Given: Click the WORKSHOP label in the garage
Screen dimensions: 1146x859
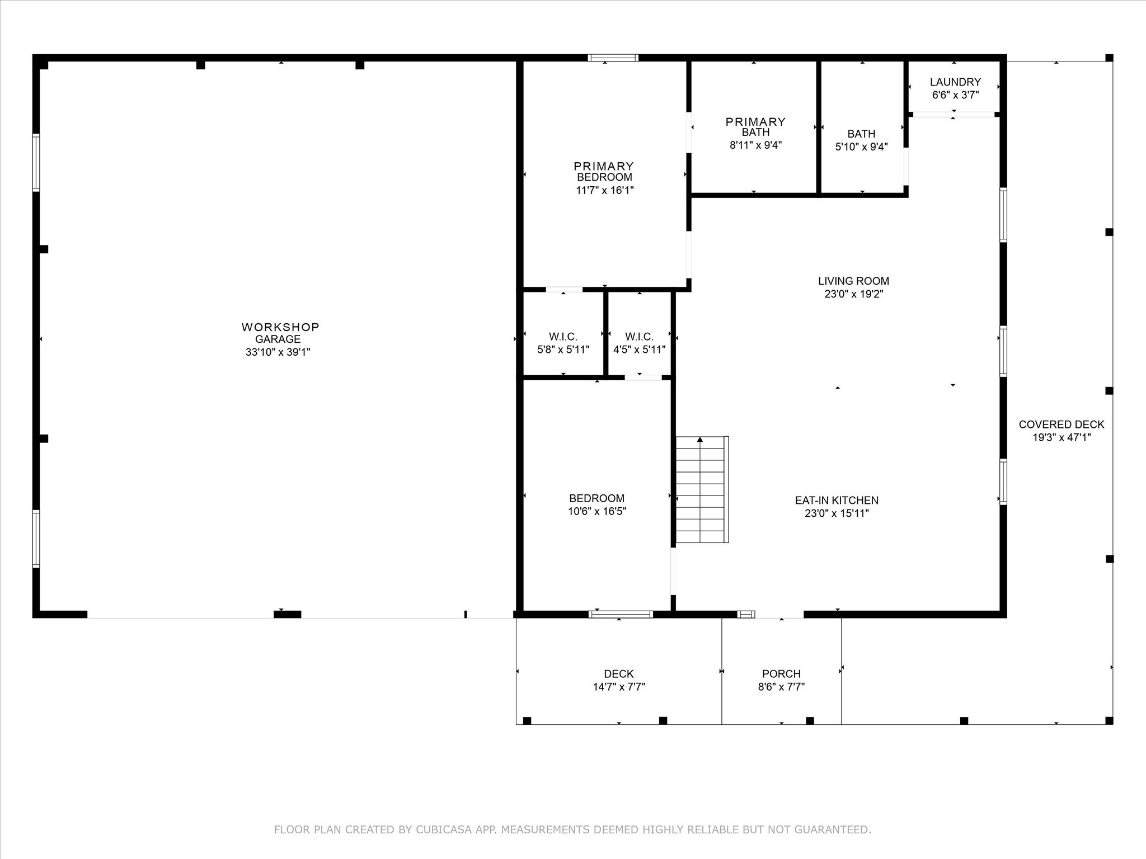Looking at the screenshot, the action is point(280,327).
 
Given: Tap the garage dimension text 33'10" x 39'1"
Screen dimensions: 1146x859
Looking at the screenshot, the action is point(278,352).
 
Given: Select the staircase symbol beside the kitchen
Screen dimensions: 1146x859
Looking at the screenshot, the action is point(702,489).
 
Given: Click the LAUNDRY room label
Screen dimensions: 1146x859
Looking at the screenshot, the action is point(955,82).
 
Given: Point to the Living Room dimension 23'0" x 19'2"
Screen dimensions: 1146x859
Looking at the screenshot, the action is point(853,294).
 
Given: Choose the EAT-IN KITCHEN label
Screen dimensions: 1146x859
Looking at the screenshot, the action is point(837,501).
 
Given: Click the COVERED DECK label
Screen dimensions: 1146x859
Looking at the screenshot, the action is point(1062,424).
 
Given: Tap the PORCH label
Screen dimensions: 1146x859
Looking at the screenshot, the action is point(781,674).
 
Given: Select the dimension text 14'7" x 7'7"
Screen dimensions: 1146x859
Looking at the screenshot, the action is point(619,687).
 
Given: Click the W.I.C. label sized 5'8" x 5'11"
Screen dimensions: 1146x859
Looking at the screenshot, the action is point(563,337).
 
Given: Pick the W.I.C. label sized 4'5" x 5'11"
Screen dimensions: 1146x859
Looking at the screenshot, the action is point(639,337).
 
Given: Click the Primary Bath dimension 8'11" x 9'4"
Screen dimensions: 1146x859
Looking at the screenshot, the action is point(755,145).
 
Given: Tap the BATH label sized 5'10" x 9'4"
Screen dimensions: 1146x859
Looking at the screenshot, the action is point(861,134).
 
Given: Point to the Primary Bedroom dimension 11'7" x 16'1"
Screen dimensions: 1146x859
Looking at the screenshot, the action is point(604,190).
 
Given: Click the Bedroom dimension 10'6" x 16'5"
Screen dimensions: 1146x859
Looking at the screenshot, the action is point(597,511).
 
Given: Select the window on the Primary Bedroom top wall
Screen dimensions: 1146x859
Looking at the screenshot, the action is point(613,58).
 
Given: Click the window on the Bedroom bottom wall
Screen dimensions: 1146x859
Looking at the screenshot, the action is point(621,614).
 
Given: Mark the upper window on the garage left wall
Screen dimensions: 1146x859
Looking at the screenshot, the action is point(36,163).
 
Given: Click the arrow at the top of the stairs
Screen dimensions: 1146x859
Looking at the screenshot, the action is point(699,440).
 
